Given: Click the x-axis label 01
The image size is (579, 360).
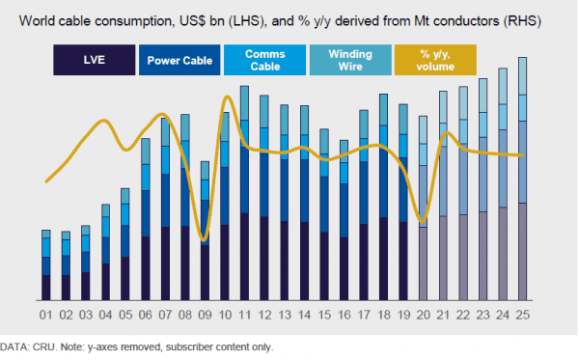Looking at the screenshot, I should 45,316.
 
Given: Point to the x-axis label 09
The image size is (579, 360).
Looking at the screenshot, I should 205,316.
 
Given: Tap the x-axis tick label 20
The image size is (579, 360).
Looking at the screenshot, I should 423,316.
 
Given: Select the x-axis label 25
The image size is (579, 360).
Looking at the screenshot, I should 522,316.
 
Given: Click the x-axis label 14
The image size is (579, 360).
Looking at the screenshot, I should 304,316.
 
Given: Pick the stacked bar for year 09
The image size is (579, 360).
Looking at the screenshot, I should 205,233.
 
